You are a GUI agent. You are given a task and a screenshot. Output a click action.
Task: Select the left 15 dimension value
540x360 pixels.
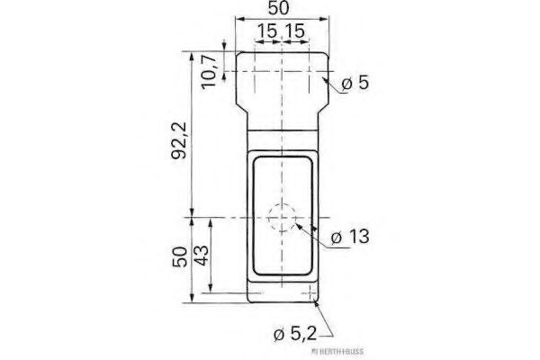[265, 31]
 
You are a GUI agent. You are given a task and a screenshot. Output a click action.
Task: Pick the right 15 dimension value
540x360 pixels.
[294, 31]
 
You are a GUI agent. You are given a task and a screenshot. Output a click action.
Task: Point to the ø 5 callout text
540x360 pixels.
[355, 85]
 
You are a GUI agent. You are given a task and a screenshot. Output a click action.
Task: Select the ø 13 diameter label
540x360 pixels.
[350, 238]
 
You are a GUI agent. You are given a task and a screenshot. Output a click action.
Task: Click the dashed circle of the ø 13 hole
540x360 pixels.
[283, 219]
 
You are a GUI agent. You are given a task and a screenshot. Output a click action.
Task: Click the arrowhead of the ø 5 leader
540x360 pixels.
[323, 78]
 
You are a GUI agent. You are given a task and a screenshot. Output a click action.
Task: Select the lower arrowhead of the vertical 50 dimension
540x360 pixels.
[192, 296]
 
